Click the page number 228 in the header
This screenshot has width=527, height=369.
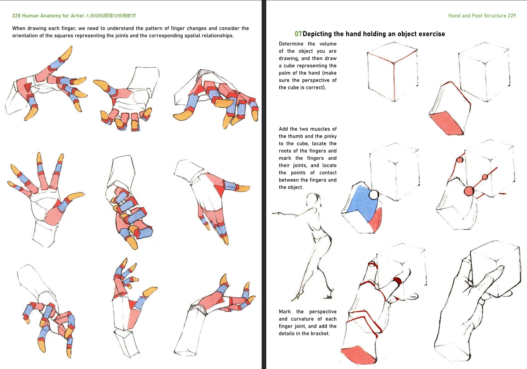click(16, 16)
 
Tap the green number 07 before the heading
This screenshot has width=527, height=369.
click(298, 34)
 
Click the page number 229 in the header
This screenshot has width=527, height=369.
click(512, 16)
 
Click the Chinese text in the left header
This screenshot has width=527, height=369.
click(111, 16)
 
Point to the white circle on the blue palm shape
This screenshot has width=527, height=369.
click(374, 195)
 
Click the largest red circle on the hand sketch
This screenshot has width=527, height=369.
click(469, 191)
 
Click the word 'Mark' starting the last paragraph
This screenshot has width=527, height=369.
click(285, 312)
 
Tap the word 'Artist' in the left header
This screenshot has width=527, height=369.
click(77, 16)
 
